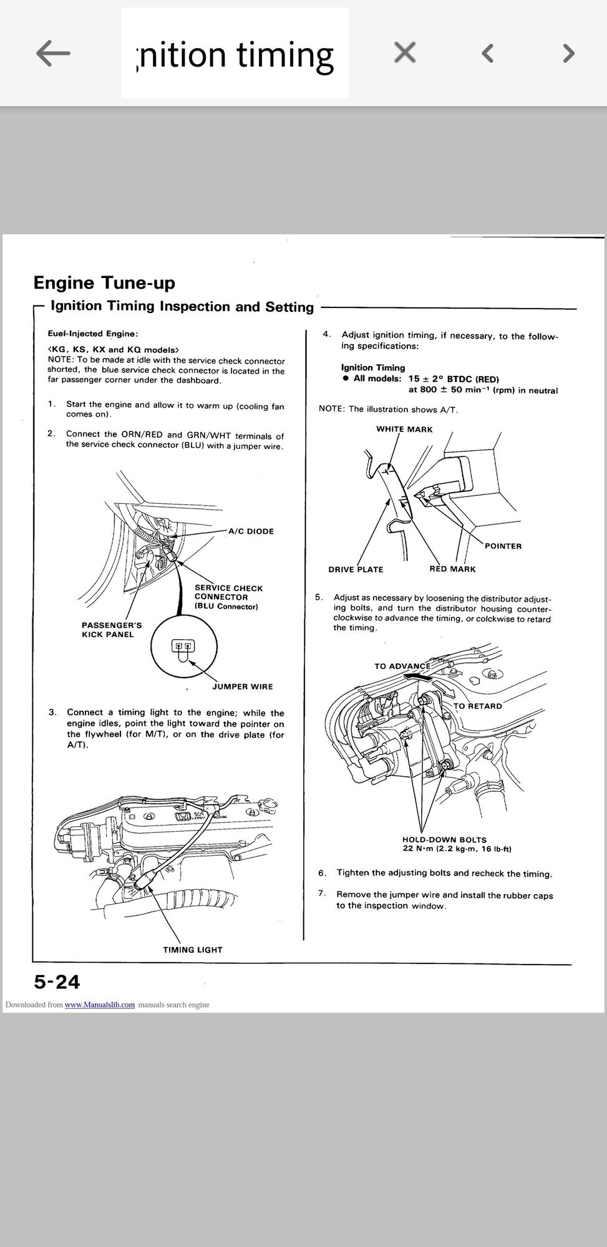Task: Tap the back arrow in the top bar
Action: tap(53, 54)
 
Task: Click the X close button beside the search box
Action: tap(405, 53)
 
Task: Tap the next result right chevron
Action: tap(568, 54)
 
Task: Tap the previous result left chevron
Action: tap(488, 54)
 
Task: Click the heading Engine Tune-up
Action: tap(104, 282)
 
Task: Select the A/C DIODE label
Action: tap(251, 531)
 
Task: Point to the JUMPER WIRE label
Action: tap(242, 686)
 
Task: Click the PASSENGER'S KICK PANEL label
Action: tap(112, 630)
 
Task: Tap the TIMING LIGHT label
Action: tap(193, 950)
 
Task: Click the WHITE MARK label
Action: tap(404, 429)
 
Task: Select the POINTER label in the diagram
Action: tap(503, 546)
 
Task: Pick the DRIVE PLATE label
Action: tap(356, 569)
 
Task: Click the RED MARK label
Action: tap(452, 569)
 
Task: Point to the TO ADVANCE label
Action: tap(402, 666)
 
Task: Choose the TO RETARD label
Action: tap(477, 706)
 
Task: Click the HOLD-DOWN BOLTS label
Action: tap(444, 840)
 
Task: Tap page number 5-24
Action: tap(57, 982)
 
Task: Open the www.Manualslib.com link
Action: tap(100, 1004)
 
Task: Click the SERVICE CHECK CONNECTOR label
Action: tap(228, 597)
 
